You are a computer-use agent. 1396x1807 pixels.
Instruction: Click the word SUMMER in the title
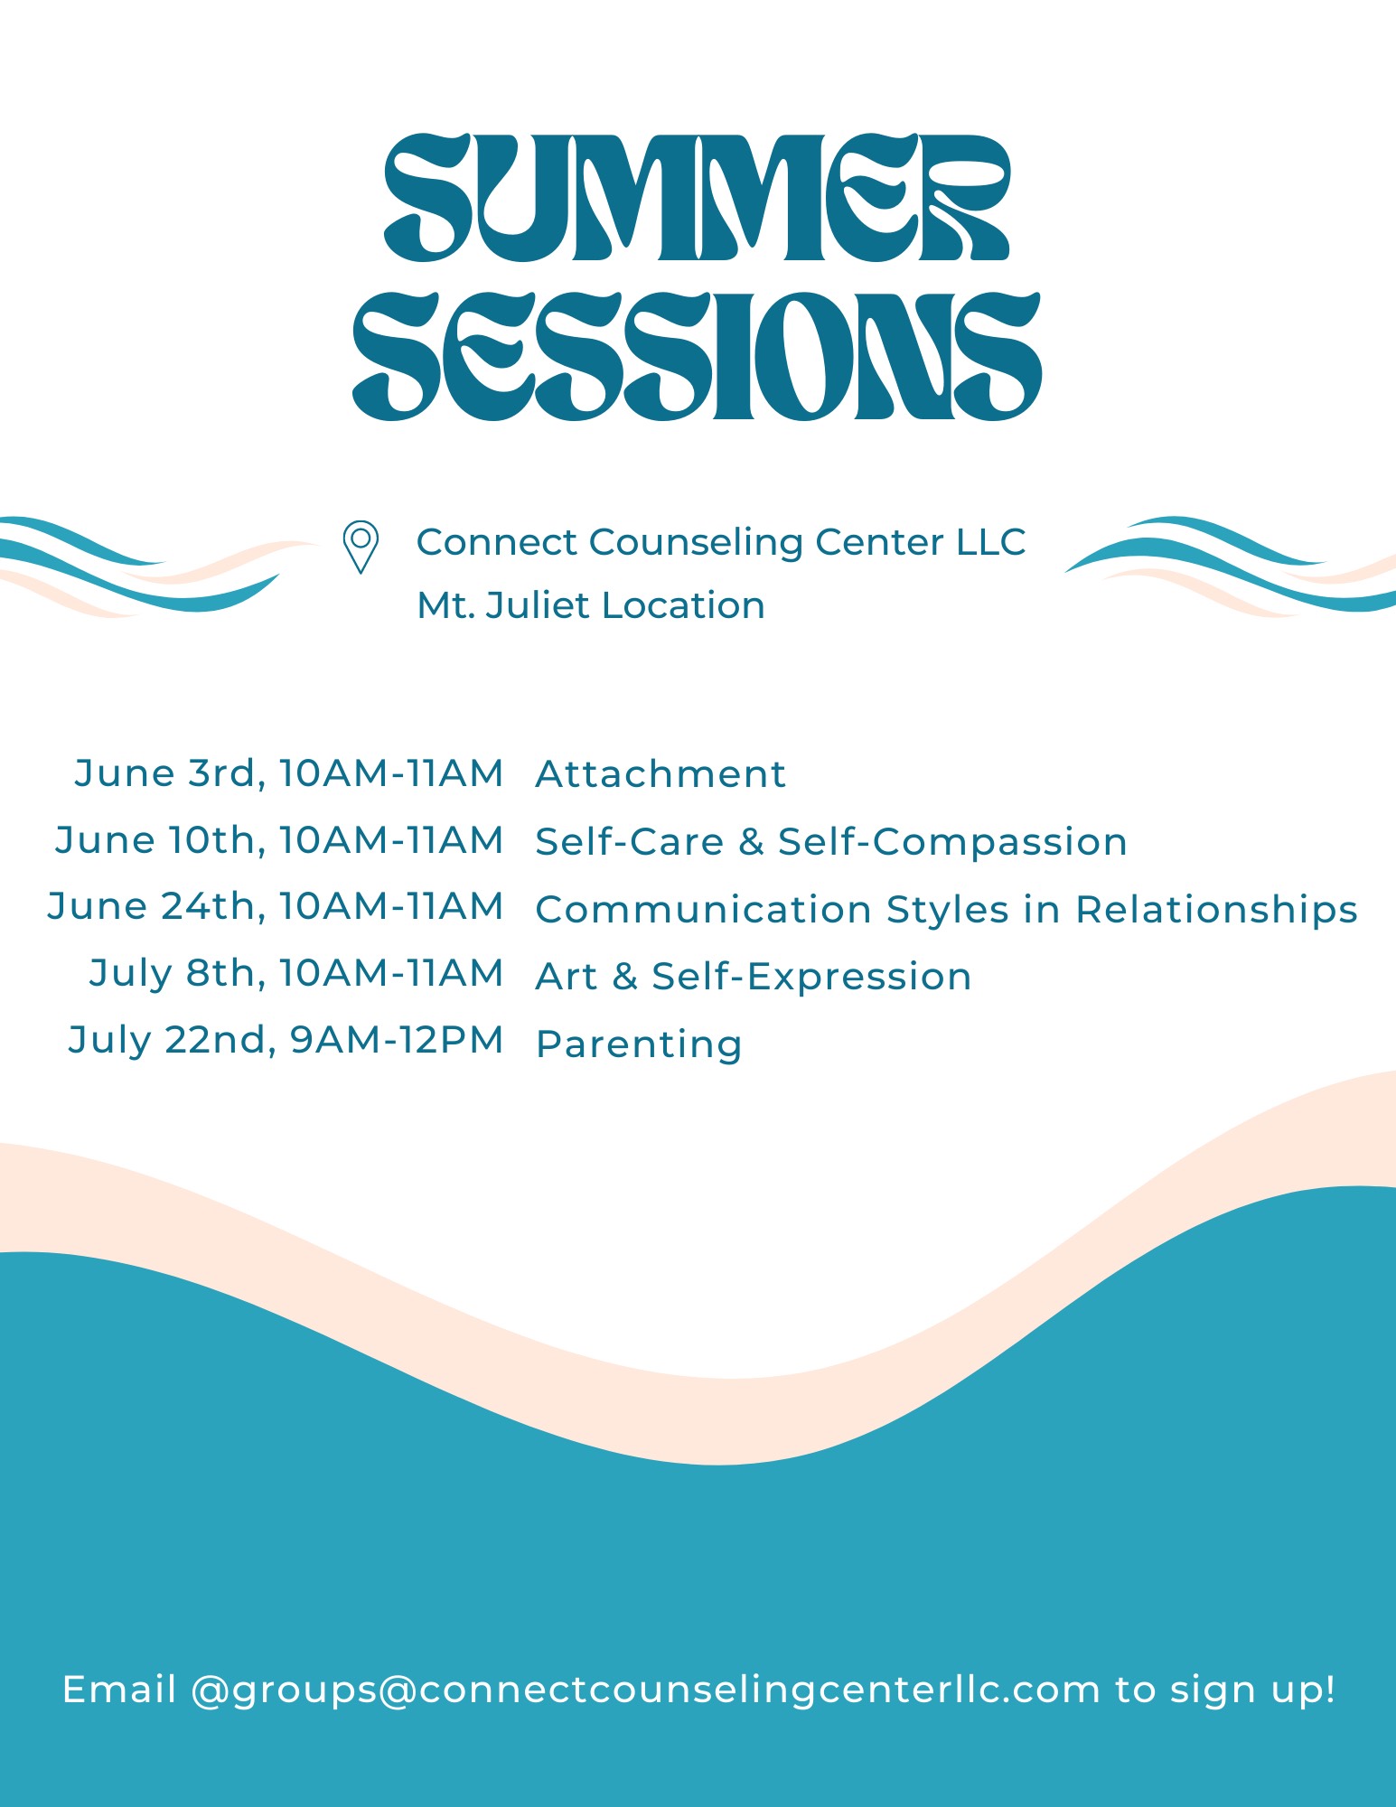697,198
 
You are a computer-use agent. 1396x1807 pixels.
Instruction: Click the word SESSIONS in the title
697,357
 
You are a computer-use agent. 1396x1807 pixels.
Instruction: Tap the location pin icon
361,547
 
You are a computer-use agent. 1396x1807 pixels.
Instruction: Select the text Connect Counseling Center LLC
721,542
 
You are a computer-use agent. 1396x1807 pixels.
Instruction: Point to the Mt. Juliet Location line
591,604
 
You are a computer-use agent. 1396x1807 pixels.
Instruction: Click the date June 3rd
167,772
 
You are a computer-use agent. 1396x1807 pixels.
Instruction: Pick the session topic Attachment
661,774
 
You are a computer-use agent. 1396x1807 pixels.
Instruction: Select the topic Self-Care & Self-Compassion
831,841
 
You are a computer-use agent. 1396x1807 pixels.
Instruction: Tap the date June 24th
155,906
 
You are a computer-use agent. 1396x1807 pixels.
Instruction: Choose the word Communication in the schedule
704,909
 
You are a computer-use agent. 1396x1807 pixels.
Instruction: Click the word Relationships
1216,909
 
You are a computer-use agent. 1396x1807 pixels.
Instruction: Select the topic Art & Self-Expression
754,977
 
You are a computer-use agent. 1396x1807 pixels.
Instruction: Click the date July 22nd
171,1040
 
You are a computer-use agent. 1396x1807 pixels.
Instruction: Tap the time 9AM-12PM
396,1040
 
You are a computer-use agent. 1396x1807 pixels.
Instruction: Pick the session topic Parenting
639,1044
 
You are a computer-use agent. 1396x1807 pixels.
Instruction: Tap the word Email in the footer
119,1690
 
